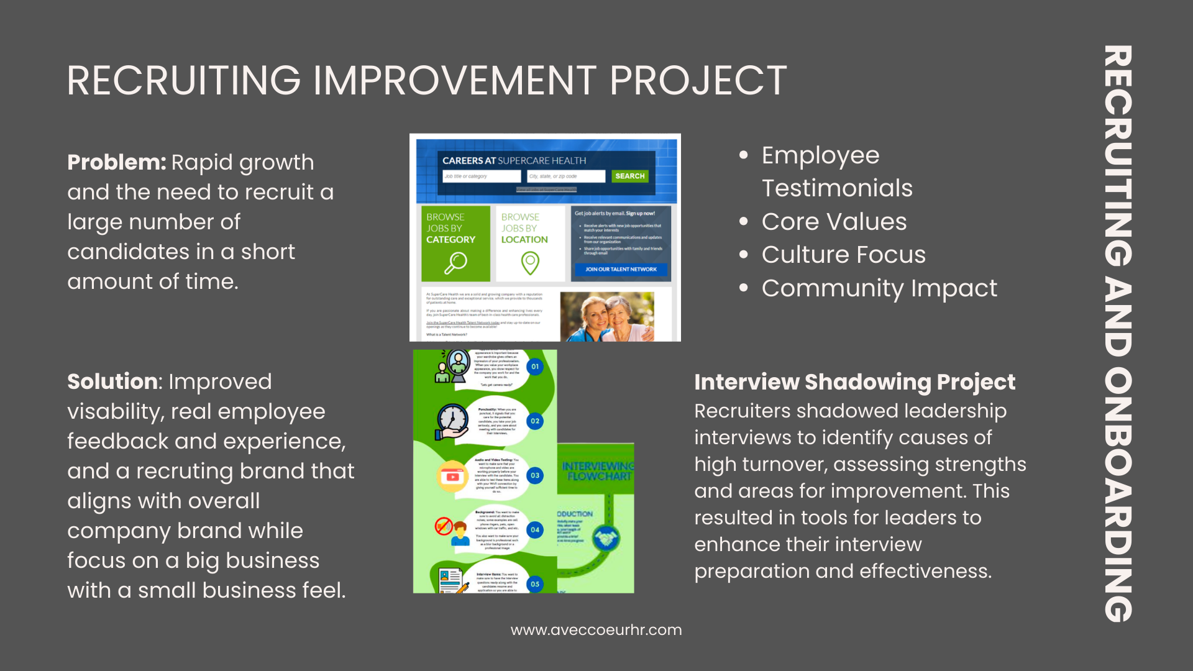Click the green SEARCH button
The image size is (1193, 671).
[629, 176]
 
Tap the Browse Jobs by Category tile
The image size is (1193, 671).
[455, 244]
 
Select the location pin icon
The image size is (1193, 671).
[529, 263]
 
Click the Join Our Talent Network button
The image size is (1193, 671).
[620, 270]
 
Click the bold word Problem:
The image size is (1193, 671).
[116, 163]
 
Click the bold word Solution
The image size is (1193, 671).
[112, 382]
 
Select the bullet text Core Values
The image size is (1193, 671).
[834, 222]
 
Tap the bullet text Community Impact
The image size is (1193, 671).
[879, 288]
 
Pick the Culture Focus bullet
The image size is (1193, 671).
[843, 255]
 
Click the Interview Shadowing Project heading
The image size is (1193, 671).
[854, 382]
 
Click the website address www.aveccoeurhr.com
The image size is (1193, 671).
[596, 630]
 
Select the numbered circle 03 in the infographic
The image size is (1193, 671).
[535, 476]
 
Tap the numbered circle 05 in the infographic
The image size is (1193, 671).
[535, 585]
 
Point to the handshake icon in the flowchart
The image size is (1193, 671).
[606, 537]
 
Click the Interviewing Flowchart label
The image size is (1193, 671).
[597, 471]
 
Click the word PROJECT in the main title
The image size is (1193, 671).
[698, 81]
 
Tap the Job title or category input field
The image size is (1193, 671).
[482, 176]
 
